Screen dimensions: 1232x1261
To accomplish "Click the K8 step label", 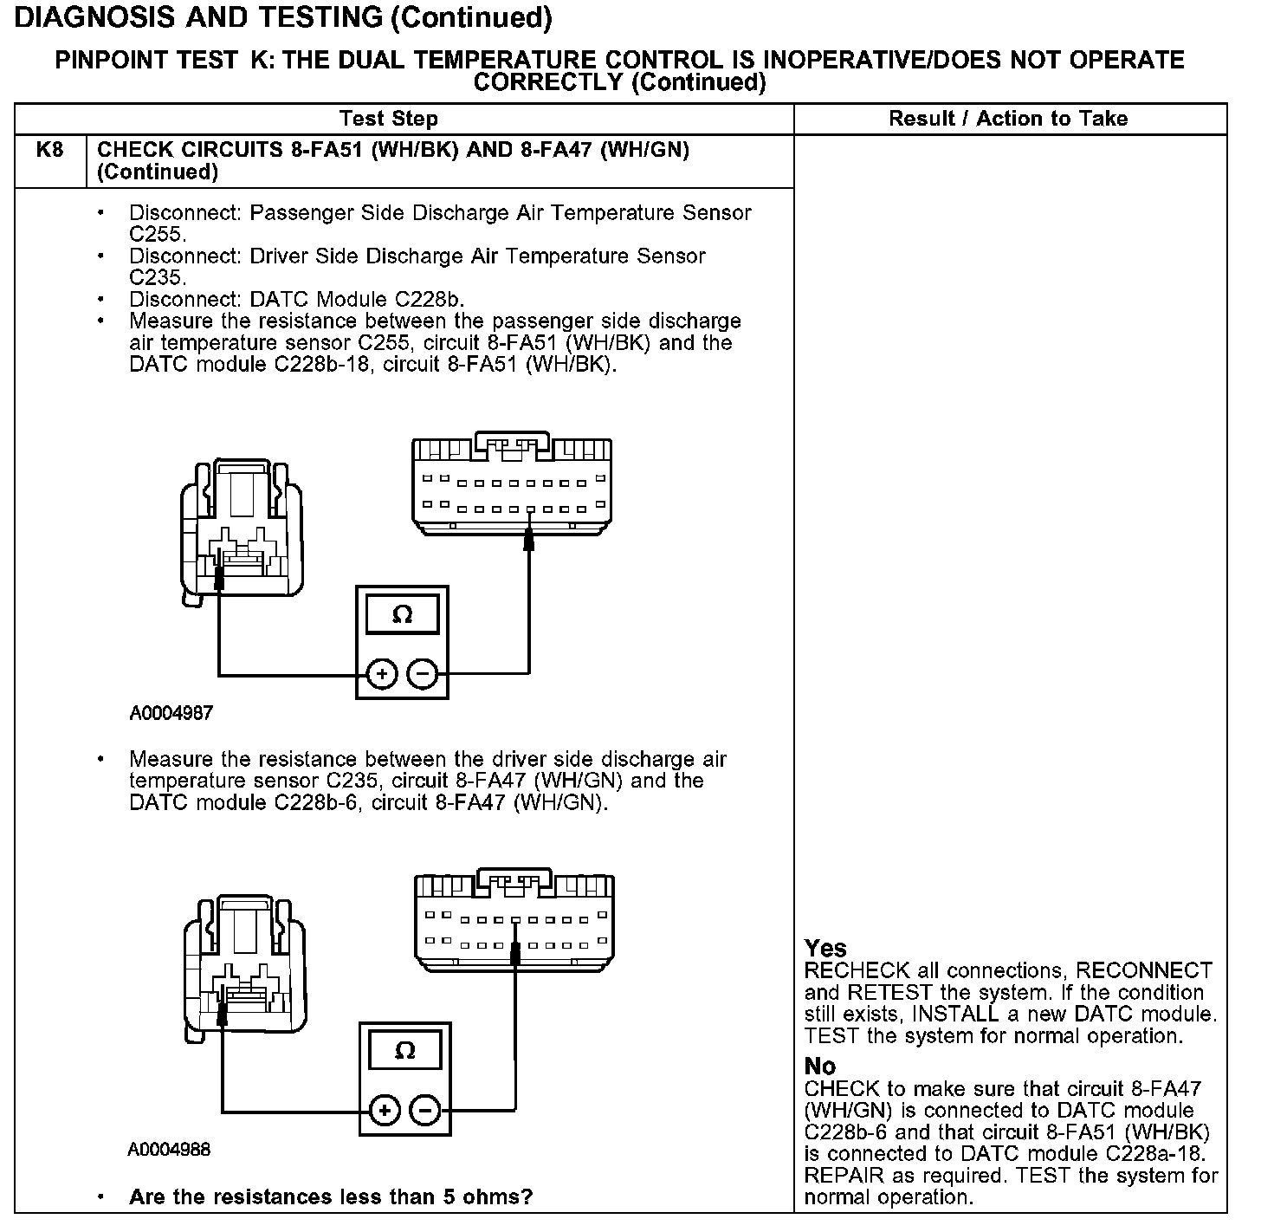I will pos(50,150).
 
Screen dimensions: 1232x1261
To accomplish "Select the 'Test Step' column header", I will pos(389,119).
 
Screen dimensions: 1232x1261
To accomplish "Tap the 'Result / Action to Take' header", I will pos(1008,119).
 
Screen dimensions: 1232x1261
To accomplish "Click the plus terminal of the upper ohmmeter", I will pos(382,674).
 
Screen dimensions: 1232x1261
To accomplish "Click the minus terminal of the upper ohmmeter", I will pos(423,674).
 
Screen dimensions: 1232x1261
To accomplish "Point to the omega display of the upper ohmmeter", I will pos(402,615).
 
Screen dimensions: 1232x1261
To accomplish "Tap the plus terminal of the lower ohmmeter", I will pos(385,1111).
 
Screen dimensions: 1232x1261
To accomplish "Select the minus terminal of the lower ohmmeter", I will pos(424,1111).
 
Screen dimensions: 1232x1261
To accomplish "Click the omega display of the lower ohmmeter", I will pos(404,1051).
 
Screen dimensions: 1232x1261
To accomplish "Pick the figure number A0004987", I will pos(171,714).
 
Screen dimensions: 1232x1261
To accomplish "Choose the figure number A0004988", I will pos(169,1150).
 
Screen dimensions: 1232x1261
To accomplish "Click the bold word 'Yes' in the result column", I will pos(825,948).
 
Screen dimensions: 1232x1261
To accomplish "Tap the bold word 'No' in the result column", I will pos(819,1066).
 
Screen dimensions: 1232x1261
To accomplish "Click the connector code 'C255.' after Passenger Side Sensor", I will pos(158,234).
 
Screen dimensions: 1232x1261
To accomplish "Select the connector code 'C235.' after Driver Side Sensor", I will pos(158,277).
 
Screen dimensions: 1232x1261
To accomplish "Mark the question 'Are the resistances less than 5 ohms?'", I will pos(330,1197).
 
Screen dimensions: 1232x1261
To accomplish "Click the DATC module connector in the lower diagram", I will pos(514,921).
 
